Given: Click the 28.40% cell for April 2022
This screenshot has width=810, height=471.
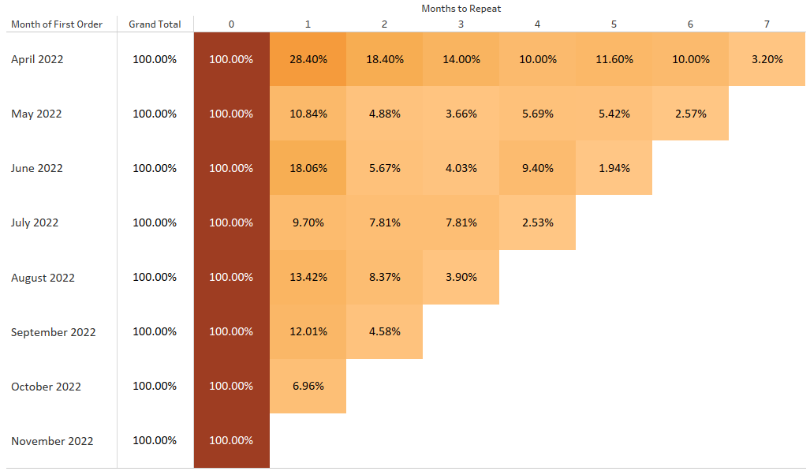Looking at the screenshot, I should click(x=308, y=59).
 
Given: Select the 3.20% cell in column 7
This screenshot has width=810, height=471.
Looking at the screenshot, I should click(x=767, y=59).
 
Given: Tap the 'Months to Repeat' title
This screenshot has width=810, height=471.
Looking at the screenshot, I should click(x=461, y=9).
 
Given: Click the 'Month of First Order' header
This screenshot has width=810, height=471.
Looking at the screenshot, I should click(x=57, y=24).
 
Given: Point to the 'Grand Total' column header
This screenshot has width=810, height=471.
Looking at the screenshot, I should click(x=155, y=24).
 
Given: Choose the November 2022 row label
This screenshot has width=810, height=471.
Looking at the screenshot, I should click(x=52, y=441).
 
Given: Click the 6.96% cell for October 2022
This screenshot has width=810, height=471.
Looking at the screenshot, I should click(x=308, y=387).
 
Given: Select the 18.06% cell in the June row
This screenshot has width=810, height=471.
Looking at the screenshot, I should click(x=308, y=168).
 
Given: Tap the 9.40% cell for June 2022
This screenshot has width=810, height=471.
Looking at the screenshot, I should click(x=537, y=168).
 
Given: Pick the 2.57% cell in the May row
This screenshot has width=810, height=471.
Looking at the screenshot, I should click(x=690, y=114).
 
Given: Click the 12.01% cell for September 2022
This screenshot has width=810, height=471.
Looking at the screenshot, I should click(x=308, y=331).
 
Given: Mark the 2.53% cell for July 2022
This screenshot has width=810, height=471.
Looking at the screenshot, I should click(x=537, y=222).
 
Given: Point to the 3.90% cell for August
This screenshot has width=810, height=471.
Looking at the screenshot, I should click(x=461, y=277).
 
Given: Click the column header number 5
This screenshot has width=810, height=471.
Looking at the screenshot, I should click(x=614, y=24).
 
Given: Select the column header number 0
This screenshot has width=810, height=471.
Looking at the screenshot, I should click(x=231, y=24).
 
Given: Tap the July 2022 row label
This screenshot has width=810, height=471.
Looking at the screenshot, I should click(x=35, y=222).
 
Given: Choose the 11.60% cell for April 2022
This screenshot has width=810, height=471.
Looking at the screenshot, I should click(x=614, y=59).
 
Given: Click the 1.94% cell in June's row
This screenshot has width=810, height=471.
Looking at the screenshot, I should click(x=614, y=168).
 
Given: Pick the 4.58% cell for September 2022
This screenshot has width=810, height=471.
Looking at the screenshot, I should click(x=384, y=331).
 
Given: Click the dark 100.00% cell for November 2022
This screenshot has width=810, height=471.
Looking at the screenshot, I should click(x=231, y=440).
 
